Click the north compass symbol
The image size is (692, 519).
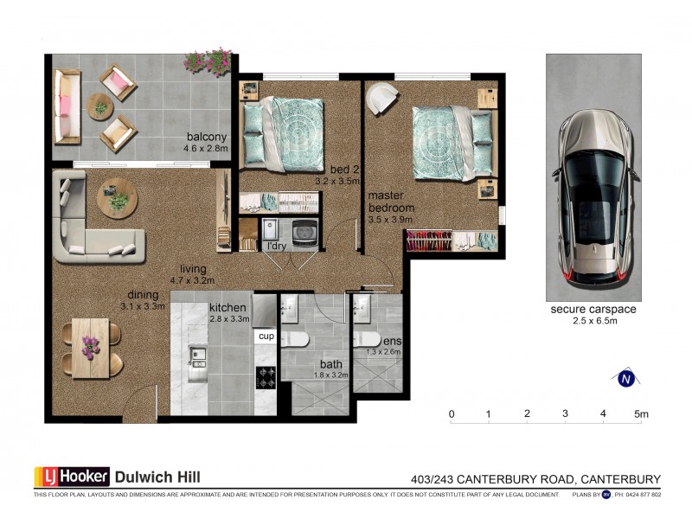tap(625, 377)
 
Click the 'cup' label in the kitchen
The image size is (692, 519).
tap(266, 335)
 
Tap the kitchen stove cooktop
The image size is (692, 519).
tap(266, 377)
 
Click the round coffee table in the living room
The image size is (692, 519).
tap(117, 198)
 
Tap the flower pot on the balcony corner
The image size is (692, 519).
tap(208, 62)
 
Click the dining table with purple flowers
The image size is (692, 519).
tap(90, 348)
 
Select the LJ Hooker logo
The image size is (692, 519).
tap(73, 476)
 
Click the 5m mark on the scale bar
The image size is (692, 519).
tap(640, 413)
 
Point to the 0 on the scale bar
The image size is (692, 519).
tap(452, 413)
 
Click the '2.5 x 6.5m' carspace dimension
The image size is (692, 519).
tap(594, 322)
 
